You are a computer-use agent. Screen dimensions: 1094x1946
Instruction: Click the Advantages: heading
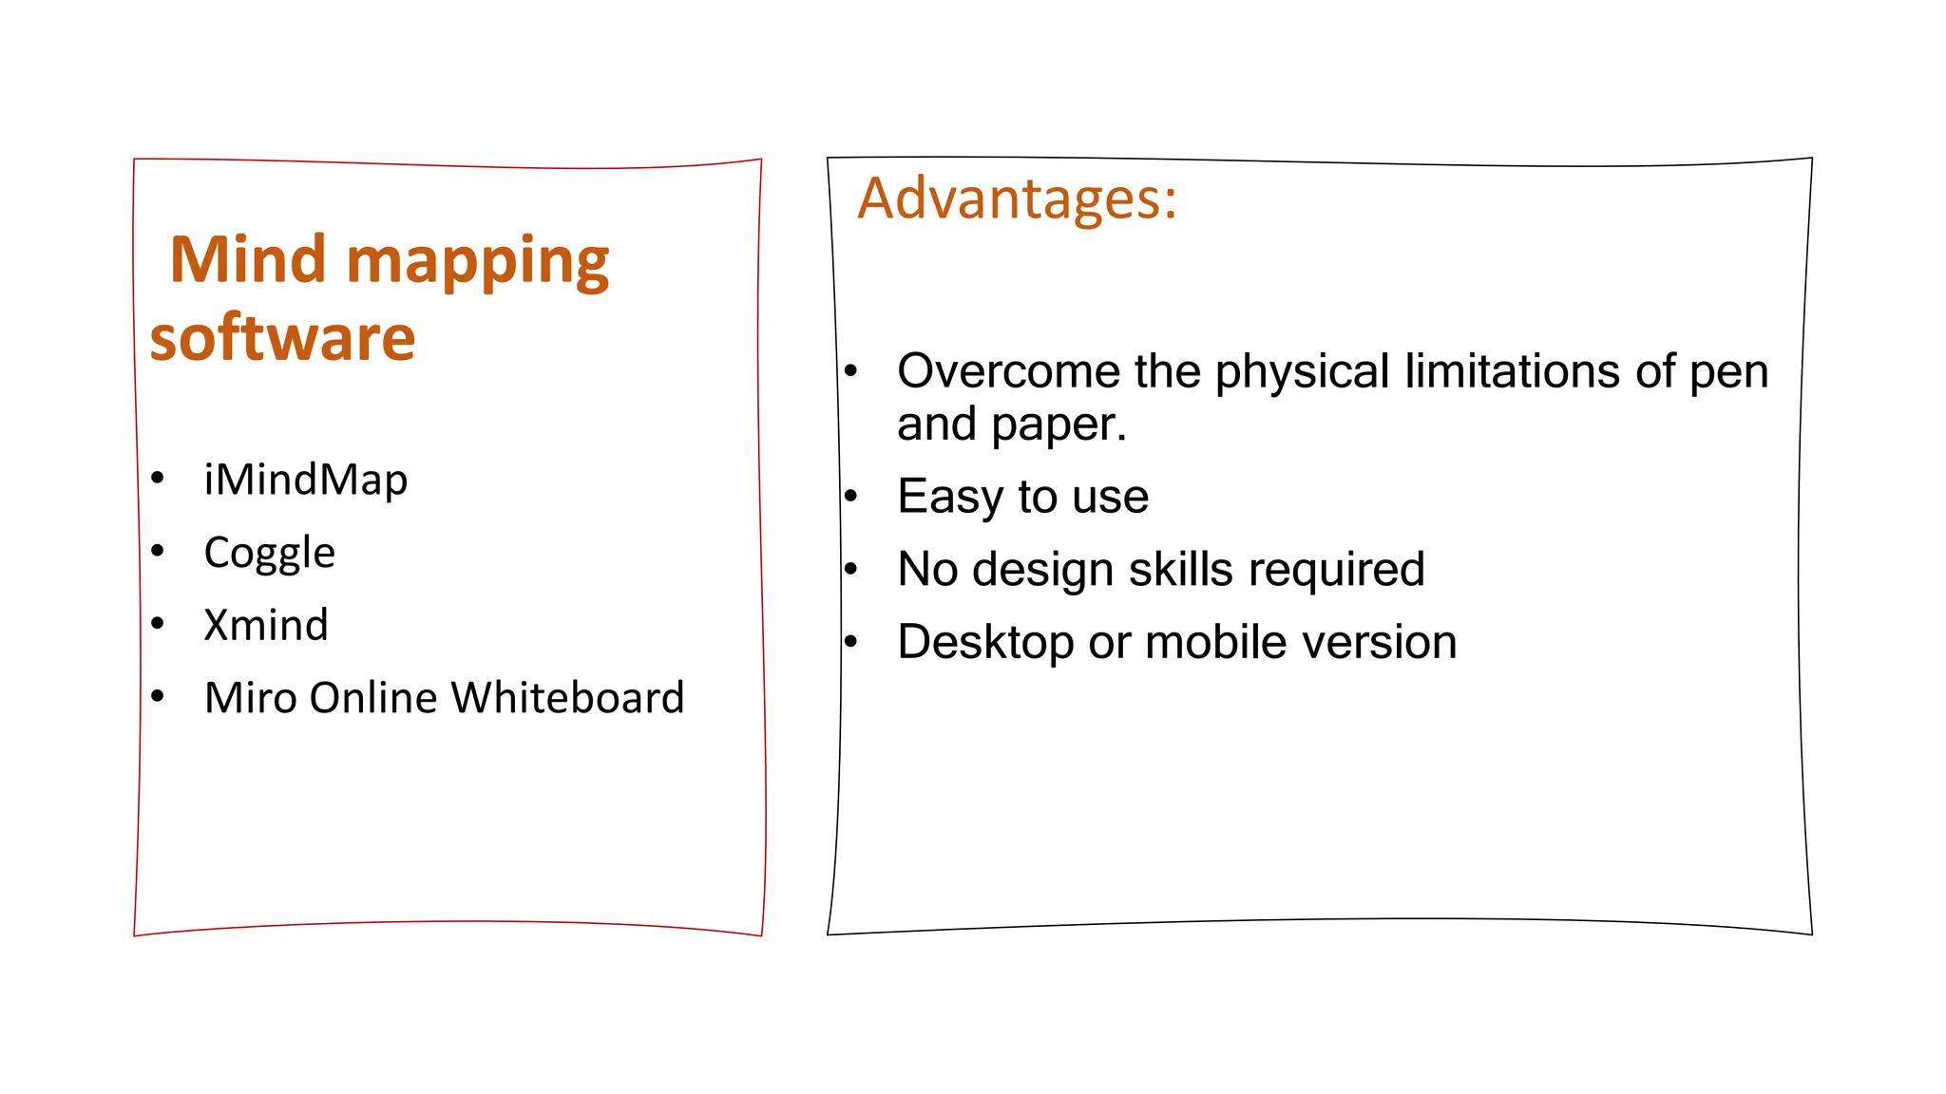1017,198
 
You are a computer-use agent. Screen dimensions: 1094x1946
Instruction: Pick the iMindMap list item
305,479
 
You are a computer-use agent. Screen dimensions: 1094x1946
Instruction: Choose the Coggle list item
269,553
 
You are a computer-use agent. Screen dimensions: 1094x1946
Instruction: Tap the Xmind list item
266,625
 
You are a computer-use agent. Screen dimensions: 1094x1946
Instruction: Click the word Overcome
1008,370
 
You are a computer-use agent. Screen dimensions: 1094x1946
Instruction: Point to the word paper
1059,424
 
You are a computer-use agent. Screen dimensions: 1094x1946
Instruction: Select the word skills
1181,569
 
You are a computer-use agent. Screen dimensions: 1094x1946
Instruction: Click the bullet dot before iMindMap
158,478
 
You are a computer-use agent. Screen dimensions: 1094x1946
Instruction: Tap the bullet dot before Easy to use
851,496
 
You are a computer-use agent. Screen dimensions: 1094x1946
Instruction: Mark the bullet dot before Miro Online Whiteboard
158,696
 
